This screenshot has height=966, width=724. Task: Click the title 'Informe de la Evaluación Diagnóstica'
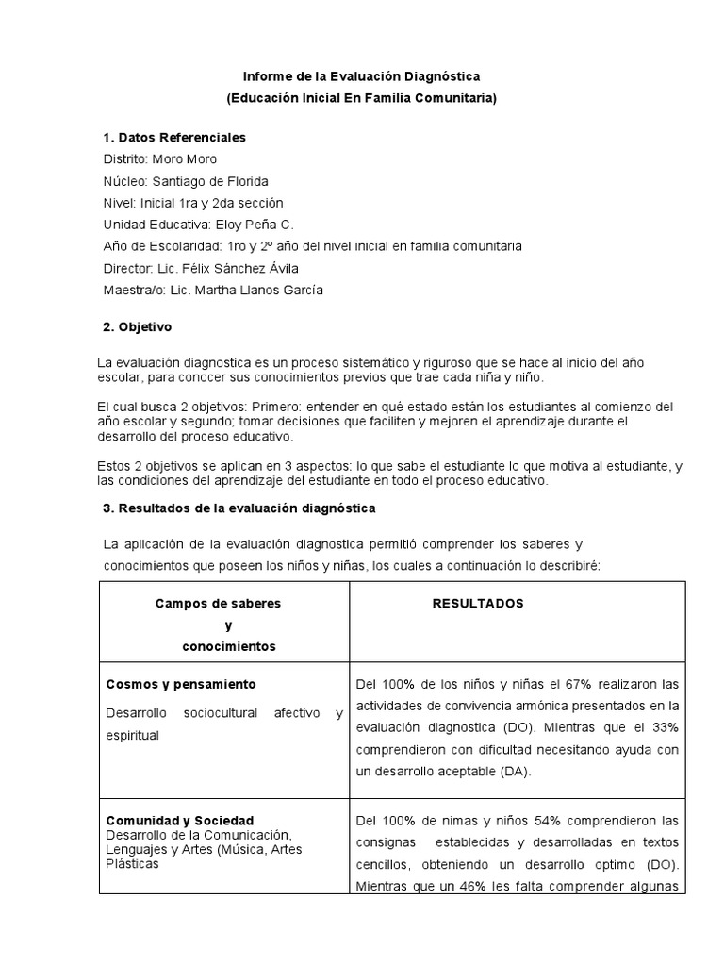coord(362,75)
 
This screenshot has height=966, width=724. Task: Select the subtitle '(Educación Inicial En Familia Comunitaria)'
coord(362,97)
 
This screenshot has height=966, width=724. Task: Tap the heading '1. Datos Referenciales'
coord(173,137)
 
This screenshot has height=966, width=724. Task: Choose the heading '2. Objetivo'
coord(138,326)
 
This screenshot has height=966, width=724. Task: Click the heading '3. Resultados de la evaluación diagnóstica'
coord(239,508)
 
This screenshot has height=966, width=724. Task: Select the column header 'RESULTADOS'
coord(478,604)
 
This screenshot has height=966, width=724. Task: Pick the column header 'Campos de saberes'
coord(218,604)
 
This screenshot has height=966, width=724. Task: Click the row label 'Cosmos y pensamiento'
coord(181,684)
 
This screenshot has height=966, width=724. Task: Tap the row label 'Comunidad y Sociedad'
coord(179,821)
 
